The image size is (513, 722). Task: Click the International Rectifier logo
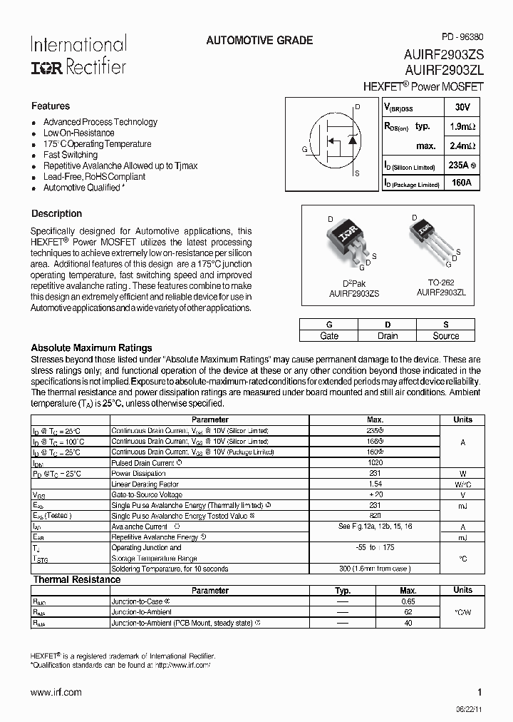coord(78,55)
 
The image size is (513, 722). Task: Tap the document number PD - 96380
coord(462,37)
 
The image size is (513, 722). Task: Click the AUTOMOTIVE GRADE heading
coord(259,41)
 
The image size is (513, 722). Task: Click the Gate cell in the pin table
coord(329,336)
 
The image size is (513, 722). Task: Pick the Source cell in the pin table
coord(446,336)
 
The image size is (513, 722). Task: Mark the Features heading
coord(51,106)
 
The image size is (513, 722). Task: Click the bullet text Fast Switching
coord(71,155)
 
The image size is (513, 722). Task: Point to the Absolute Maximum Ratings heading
coord(91,347)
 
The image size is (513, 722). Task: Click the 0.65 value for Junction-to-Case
coord(408,601)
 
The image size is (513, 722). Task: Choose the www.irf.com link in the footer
coord(56,692)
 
